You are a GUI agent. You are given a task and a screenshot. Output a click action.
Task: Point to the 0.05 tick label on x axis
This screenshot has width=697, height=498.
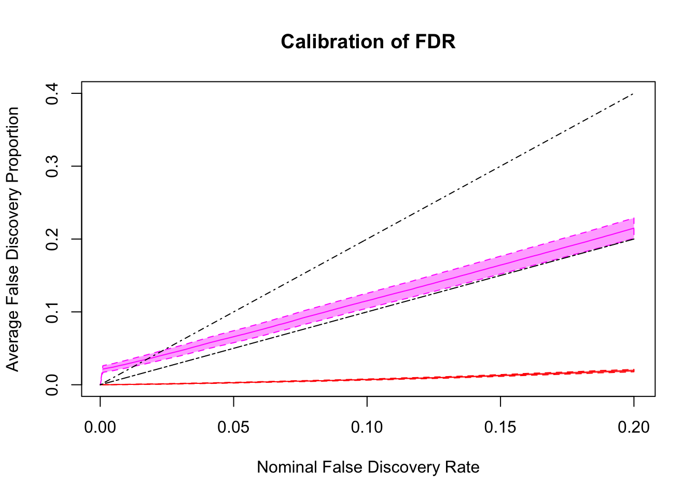233,427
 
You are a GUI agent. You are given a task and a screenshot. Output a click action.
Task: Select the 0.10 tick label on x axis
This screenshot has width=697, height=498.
367,427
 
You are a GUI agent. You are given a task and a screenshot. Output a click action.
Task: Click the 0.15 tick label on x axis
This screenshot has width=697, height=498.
500,427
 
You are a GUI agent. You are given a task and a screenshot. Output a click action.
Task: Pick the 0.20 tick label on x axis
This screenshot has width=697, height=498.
633,427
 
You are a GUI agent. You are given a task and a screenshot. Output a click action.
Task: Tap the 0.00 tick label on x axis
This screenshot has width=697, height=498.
100,427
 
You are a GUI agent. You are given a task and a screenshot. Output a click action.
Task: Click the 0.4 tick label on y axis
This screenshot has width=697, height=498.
52,93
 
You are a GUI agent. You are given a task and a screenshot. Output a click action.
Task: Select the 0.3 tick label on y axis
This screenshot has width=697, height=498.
52,166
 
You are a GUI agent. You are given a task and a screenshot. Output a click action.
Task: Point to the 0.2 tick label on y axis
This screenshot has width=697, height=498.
52,239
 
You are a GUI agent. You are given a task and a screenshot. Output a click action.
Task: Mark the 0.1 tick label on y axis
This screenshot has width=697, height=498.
52,312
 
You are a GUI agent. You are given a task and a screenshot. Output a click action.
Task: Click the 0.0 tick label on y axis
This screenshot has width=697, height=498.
52,385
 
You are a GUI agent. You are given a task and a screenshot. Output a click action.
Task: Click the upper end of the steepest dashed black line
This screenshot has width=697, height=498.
633,94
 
